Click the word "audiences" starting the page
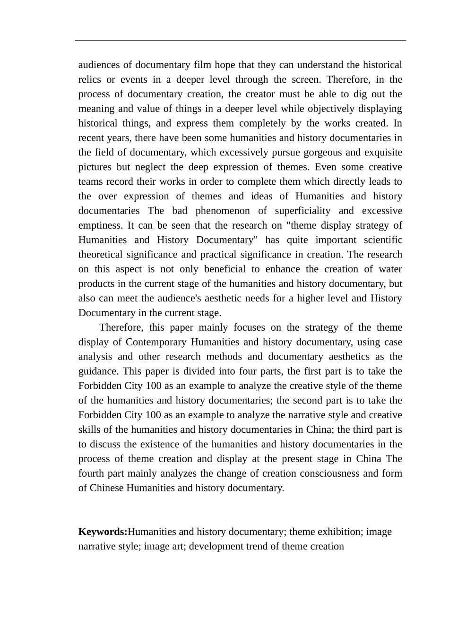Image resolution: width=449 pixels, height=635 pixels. click(x=99, y=65)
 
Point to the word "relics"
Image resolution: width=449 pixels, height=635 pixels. click(x=89, y=79)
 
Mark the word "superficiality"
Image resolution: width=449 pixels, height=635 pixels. click(x=302, y=211)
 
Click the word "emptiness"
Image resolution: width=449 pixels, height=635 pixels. click(x=100, y=225)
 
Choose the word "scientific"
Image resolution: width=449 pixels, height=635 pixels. click(x=383, y=240)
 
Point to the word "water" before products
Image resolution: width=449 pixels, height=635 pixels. click(x=390, y=269)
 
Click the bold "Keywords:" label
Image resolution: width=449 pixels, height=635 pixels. click(x=103, y=532)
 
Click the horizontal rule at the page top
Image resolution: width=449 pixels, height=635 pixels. click(x=240, y=41)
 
